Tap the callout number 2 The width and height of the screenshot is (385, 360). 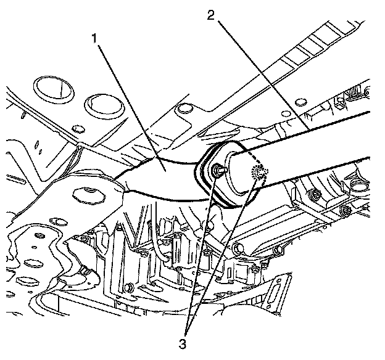tap(212, 15)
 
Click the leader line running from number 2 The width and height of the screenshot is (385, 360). tap(259, 74)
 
